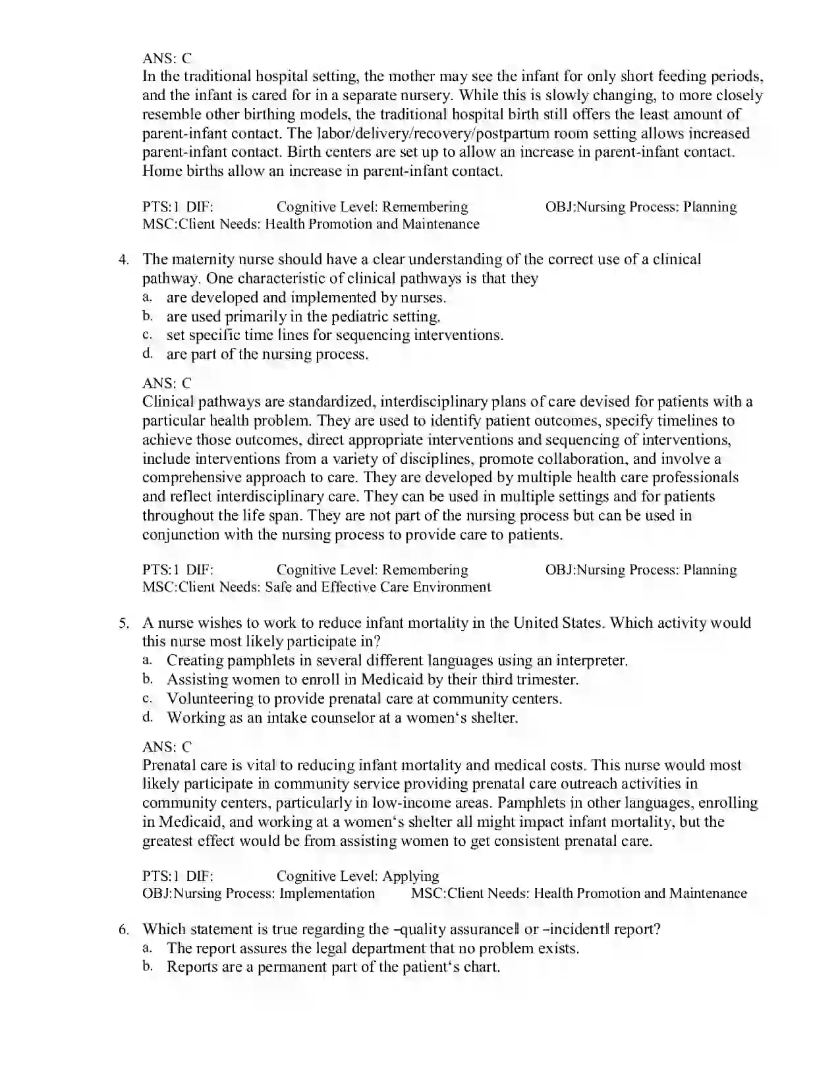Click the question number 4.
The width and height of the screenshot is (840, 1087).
[123, 260]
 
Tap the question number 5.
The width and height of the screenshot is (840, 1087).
[123, 623]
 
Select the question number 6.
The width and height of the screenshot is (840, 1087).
[123, 930]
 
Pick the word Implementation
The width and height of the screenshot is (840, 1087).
[327, 893]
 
